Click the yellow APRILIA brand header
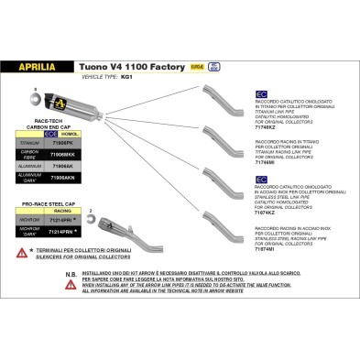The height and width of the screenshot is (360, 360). [40, 66]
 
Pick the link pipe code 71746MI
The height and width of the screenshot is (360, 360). [266, 160]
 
